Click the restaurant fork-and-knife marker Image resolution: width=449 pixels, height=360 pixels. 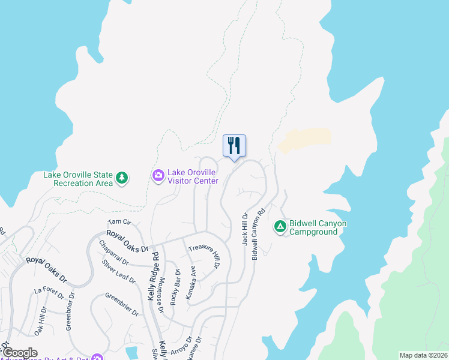(235, 146)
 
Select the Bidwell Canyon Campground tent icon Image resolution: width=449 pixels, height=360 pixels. (280, 226)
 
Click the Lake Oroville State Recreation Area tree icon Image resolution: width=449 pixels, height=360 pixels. (122, 178)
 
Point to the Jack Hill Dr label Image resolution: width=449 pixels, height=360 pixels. (245, 229)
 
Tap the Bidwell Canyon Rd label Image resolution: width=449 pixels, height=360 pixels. (258, 233)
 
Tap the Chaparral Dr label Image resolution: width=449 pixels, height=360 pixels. (114, 253)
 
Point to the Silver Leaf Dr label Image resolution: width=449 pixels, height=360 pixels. (118, 271)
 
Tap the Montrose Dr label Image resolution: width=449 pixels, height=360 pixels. (160, 298)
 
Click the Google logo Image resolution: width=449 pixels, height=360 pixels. (19, 353)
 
